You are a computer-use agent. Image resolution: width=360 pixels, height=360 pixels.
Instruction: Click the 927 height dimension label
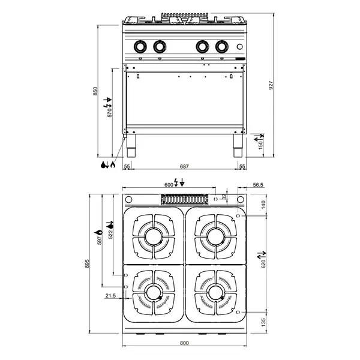[x=271, y=85]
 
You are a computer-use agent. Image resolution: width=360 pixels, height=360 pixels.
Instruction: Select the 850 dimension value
[x=95, y=91]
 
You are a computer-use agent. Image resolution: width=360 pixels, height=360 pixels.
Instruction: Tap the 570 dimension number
[x=110, y=113]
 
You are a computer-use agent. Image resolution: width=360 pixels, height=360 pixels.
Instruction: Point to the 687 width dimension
[x=184, y=166]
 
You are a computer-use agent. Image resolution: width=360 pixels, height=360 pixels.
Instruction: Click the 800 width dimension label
[x=184, y=343]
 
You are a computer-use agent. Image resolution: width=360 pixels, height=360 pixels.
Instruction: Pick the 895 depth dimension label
[x=87, y=263]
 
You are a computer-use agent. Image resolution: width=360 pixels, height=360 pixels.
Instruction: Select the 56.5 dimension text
[x=258, y=185]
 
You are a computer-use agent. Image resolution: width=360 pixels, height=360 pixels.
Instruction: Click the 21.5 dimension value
[x=110, y=296]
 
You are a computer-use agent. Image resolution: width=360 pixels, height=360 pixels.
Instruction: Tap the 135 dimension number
[x=263, y=322]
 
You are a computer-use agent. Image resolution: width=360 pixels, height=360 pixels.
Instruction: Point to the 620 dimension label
[x=263, y=264]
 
